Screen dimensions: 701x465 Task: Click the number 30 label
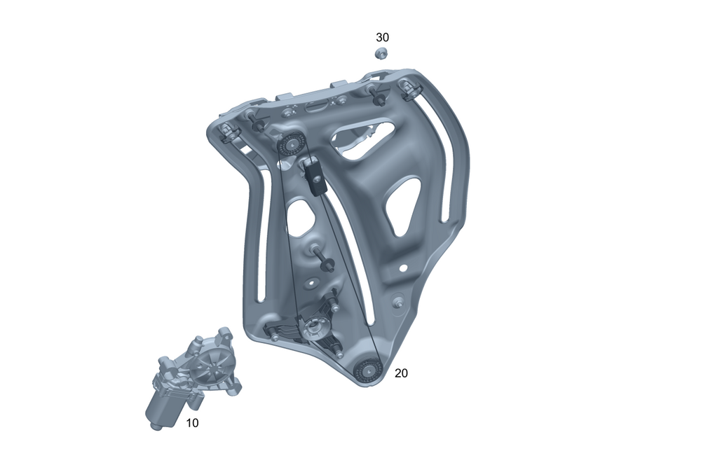tap(382, 37)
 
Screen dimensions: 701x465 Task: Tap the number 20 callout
tap(401, 373)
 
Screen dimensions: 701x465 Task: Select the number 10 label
tap(192, 422)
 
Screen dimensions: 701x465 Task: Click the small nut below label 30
tap(381, 53)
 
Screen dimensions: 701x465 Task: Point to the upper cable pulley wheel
tap(291, 144)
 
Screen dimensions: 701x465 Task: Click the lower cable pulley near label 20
tap(367, 370)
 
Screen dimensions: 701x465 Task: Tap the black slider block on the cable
tap(315, 176)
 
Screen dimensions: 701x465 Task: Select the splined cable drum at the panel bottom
tap(313, 329)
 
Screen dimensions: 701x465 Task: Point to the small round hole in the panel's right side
tap(403, 268)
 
